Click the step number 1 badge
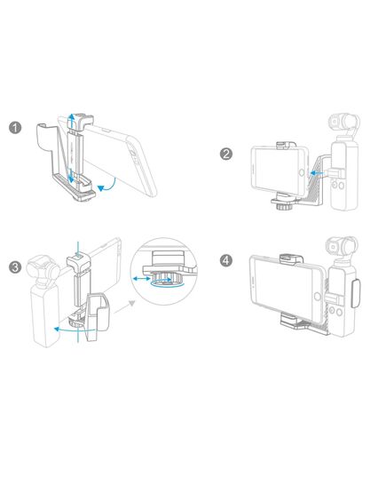pos(16,127)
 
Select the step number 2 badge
pos(226,154)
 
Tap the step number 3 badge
pos(16,266)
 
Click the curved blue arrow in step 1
pos(107,186)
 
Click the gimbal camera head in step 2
pos(344,123)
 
